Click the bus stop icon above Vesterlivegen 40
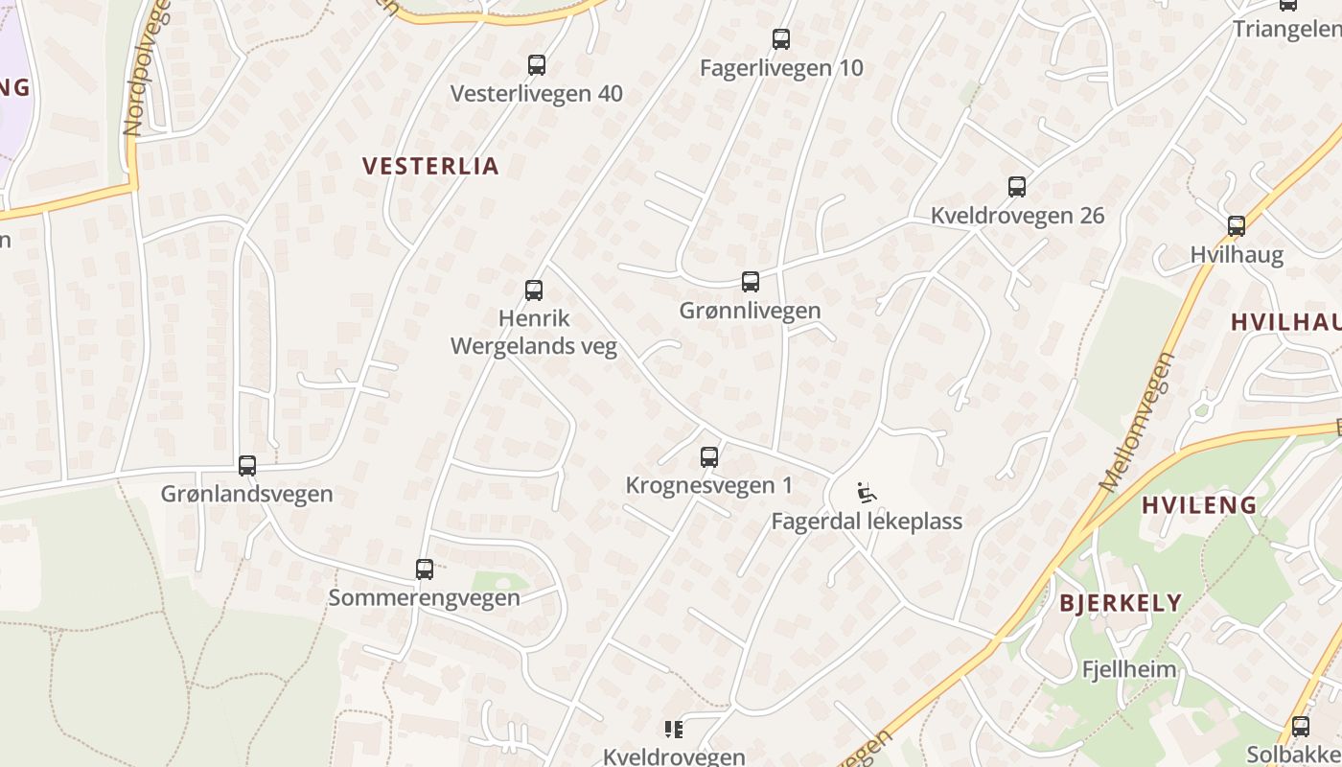(537, 65)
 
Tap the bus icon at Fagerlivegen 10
(781, 39)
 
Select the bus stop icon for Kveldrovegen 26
(1017, 187)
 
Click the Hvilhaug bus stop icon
(1237, 226)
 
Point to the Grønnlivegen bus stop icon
(751, 282)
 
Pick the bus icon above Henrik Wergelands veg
(534, 290)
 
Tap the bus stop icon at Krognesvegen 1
(709, 457)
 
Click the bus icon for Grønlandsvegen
(247, 466)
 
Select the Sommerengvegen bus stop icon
(425, 569)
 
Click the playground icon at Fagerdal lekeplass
(867, 493)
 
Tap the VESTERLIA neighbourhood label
(431, 166)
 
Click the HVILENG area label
(1199, 505)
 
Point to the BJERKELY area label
(1121, 603)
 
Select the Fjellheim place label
(1129, 669)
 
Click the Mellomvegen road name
(1138, 422)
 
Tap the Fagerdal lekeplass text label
(867, 522)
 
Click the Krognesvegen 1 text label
(709, 485)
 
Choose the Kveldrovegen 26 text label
(1017, 216)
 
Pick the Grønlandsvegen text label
(247, 494)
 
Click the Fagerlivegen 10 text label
(781, 68)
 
